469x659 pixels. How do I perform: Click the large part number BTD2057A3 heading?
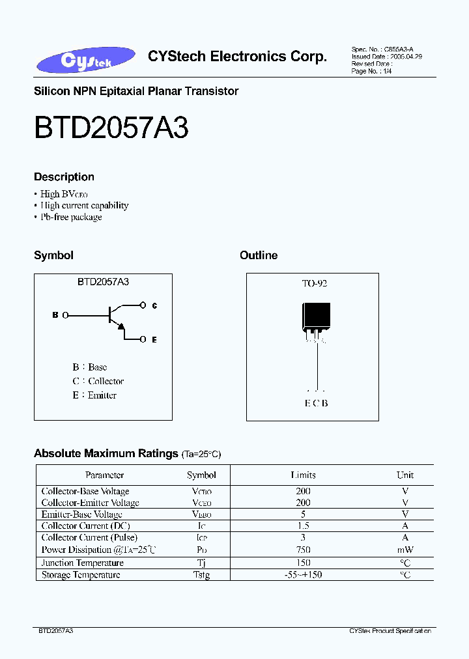pos(111,128)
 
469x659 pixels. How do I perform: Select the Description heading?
pos(64,176)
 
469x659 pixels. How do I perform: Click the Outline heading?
pos(259,255)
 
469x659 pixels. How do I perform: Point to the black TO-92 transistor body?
pos(316,319)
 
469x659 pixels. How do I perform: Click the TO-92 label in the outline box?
pos(315,284)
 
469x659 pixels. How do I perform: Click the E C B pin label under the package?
pos(316,403)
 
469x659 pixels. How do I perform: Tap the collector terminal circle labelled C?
pos(143,305)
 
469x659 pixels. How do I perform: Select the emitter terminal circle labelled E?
pos(143,339)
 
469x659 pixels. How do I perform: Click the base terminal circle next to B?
pos(65,315)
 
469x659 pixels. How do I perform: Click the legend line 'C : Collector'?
pos(98,381)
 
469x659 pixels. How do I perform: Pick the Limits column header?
pos(303,475)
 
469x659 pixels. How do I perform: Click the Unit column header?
pos(405,475)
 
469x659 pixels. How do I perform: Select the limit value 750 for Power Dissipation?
pos(303,550)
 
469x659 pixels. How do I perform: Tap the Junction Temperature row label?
pos(82,563)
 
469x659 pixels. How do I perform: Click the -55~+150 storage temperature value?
pos(303,574)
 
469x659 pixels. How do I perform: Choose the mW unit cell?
pos(405,550)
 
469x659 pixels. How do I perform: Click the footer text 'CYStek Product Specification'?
pos(391,631)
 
